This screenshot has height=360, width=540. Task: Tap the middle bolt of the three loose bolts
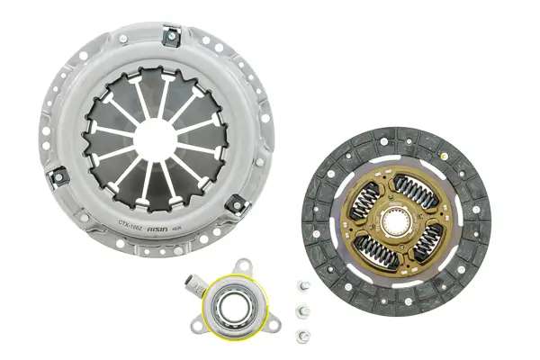(x=301, y=312)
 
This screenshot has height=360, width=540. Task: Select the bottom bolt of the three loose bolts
(x=300, y=336)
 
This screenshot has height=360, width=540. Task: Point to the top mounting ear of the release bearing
(x=240, y=265)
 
